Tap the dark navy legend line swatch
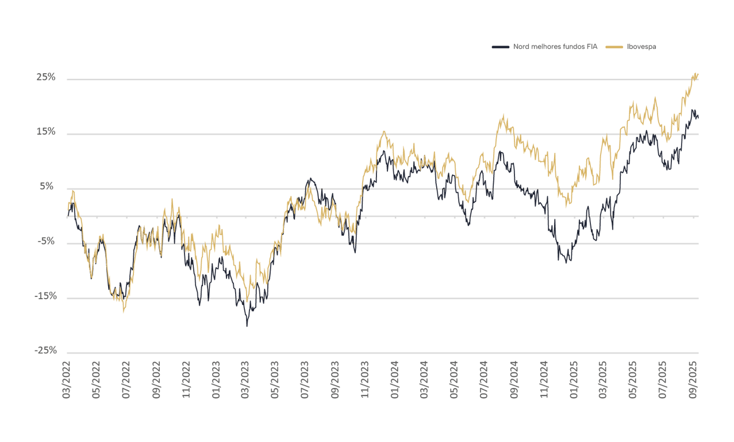coord(500,47)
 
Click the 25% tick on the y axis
coord(47,77)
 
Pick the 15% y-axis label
coord(47,132)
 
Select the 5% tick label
coord(48,186)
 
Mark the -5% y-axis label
coord(47,241)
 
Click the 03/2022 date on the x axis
coord(67,380)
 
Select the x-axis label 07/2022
coord(126,380)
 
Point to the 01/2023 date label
coord(216,380)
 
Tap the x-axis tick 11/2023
coord(365,380)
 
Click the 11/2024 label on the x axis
coord(544,380)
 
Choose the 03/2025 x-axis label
coord(604,380)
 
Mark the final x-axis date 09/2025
coord(693,380)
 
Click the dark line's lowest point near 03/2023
coord(247,326)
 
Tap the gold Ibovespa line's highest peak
coord(697,73)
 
